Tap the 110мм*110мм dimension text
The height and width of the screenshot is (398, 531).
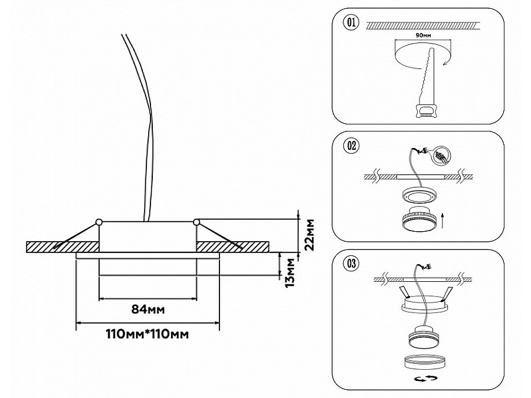[x=147, y=334]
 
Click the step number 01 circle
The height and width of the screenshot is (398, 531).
[x=350, y=23]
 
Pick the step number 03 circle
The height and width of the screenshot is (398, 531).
[x=350, y=264]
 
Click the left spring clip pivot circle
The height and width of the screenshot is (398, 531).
[x=99, y=222]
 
